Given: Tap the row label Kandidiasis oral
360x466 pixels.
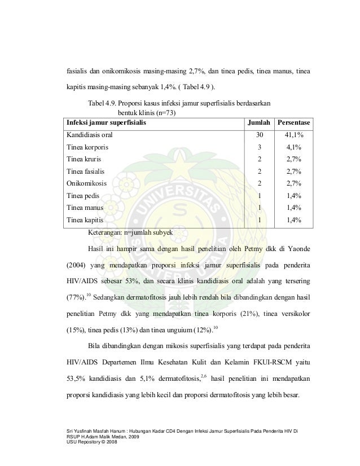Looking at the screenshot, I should pyautogui.click(x=89, y=135).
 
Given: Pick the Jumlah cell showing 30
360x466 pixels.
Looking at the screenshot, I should pyautogui.click(x=259, y=135).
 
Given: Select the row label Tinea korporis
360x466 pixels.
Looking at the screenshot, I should pyautogui.click(x=88, y=147).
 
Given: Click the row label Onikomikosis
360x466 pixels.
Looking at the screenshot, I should pyautogui.click(x=86, y=183).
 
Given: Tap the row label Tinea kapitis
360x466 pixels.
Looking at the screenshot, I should pyautogui.click(x=86, y=219).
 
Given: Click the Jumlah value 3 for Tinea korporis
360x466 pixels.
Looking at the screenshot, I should pyautogui.click(x=259, y=147).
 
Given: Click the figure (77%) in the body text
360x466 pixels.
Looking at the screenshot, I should pyautogui.click(x=76, y=297).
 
